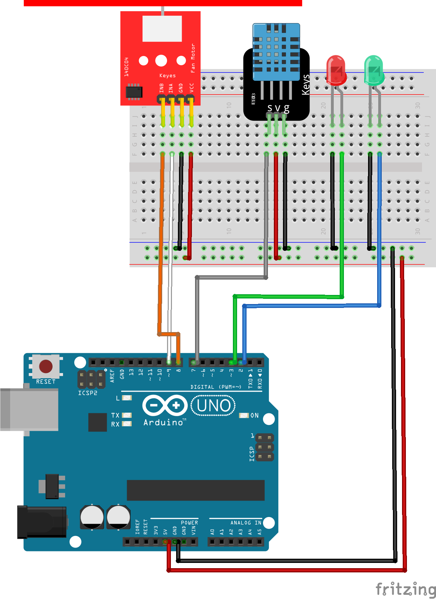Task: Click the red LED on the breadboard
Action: click(336, 70)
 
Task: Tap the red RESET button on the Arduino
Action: click(46, 366)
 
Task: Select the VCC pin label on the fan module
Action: click(192, 88)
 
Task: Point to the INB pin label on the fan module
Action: click(161, 88)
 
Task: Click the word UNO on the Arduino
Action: click(213, 406)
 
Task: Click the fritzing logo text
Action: click(406, 589)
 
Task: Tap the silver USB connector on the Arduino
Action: click(30, 409)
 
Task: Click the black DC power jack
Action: click(42, 522)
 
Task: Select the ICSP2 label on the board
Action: click(88, 393)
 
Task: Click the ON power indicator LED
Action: click(244, 415)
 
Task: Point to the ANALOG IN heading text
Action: click(245, 523)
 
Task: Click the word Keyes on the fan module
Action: click(167, 76)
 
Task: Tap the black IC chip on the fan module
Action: click(134, 92)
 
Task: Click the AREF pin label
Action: click(112, 375)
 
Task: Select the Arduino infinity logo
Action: click(165, 406)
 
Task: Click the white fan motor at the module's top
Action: click(162, 29)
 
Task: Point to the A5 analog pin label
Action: click(259, 531)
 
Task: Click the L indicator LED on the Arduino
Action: click(127, 398)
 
